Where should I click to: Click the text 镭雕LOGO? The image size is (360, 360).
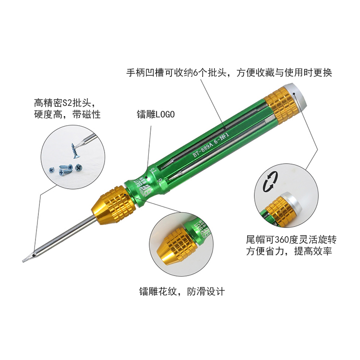tap(156, 114)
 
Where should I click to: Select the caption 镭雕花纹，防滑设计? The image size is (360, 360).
tap(182, 291)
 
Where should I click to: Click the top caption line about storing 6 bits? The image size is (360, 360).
tap(229, 72)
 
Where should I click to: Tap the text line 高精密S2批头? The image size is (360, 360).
tap(64, 103)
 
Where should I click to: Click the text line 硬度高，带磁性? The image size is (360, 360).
tap(67, 114)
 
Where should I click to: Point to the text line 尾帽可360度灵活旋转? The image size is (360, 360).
tap(291, 240)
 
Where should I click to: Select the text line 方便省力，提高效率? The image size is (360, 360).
tap(289, 251)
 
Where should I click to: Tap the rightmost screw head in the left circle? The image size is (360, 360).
tap(79, 168)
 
